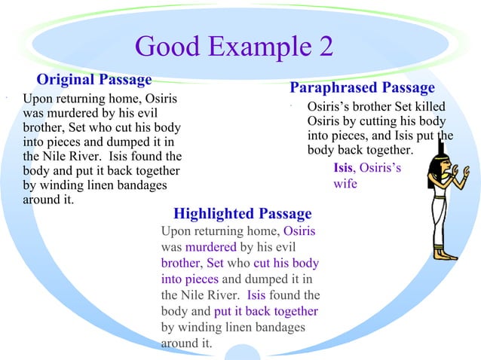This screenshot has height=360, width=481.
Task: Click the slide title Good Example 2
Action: (234, 47)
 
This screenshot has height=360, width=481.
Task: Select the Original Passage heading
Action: (94, 79)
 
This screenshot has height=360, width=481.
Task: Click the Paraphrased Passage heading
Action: (362, 88)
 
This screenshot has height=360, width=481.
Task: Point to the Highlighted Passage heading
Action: (242, 214)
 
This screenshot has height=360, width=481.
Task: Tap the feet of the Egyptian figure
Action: (445, 255)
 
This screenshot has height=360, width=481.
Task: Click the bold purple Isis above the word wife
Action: (343, 168)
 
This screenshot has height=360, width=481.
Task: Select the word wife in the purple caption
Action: (345, 183)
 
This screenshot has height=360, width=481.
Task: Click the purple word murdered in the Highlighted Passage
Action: (210, 247)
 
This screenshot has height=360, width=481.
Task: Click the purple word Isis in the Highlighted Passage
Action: (256, 295)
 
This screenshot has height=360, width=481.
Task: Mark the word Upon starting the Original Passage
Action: (38, 99)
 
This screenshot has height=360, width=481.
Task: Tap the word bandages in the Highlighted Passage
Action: (280, 327)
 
